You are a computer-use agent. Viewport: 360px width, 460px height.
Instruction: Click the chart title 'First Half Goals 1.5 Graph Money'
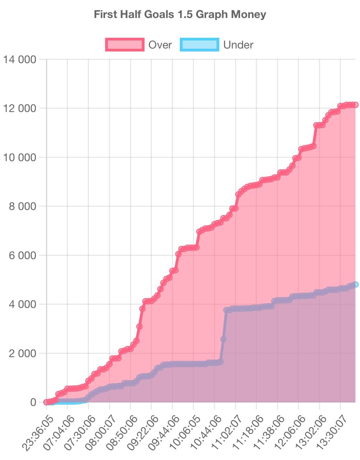coord(180,14)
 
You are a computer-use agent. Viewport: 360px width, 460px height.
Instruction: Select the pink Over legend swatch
coord(125,45)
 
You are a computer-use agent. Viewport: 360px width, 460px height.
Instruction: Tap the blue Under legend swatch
coord(200,45)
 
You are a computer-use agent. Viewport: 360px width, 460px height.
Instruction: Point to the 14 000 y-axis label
coord(20,59)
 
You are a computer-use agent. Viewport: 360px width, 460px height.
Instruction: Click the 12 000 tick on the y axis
coord(20,108)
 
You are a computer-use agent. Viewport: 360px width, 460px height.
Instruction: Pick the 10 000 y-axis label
coord(20,157)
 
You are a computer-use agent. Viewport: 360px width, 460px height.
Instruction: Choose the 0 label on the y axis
coord(33,402)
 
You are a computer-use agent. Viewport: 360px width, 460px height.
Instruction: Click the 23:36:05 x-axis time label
coord(38,433)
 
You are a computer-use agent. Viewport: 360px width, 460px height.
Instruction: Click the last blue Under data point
coord(355,285)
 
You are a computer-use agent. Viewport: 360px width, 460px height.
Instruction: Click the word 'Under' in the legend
coord(238,45)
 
